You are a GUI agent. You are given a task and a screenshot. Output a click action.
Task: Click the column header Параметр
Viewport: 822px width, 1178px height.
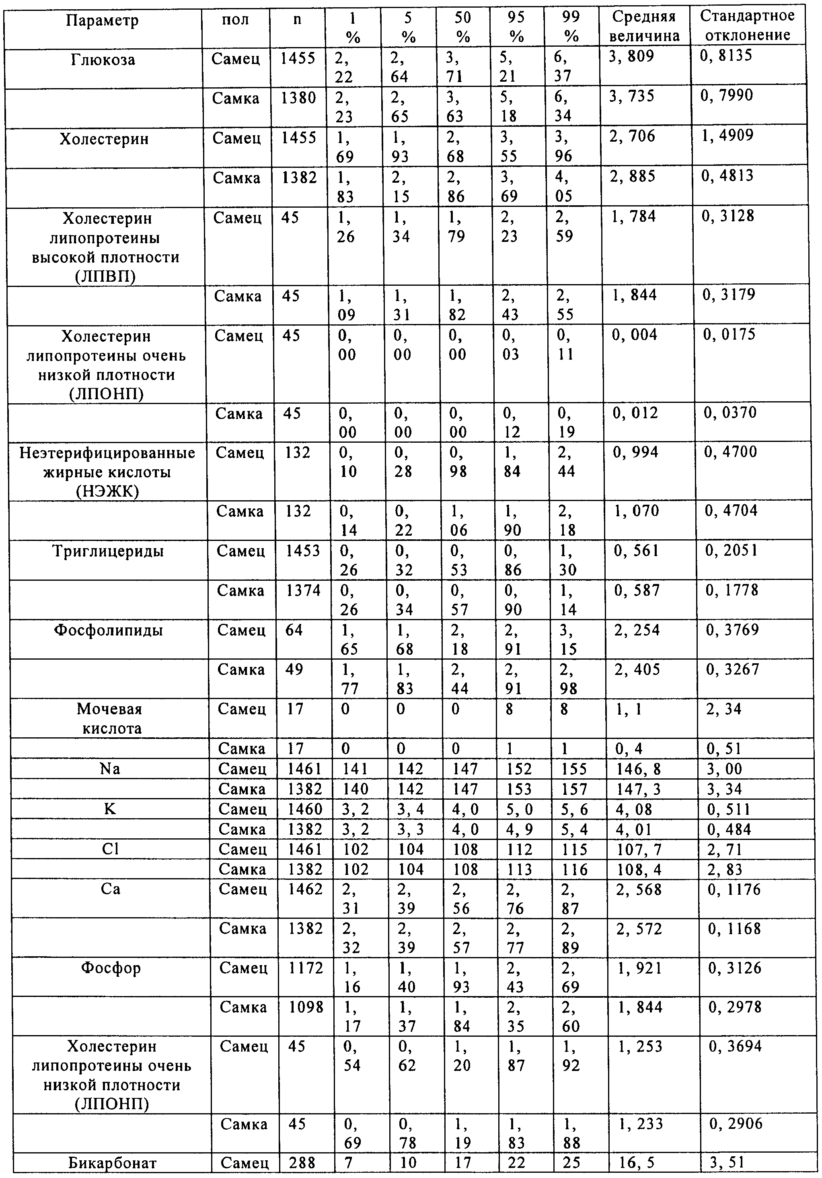[x=103, y=21]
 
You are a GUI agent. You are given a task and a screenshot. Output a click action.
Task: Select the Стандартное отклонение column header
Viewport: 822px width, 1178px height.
[x=747, y=26]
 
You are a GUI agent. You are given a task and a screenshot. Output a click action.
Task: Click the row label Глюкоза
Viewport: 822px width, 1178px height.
[x=103, y=60]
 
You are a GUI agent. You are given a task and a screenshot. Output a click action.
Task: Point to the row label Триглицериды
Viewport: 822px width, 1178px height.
[x=108, y=551]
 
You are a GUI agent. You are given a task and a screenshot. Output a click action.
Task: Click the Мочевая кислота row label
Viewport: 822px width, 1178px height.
[x=109, y=718]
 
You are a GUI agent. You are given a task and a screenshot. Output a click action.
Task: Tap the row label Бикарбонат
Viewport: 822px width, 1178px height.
[x=112, y=1163]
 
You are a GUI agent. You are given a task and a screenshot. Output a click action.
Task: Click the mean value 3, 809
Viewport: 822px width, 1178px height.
[x=631, y=56]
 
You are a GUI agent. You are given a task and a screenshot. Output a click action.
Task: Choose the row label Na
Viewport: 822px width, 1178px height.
[x=110, y=769]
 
